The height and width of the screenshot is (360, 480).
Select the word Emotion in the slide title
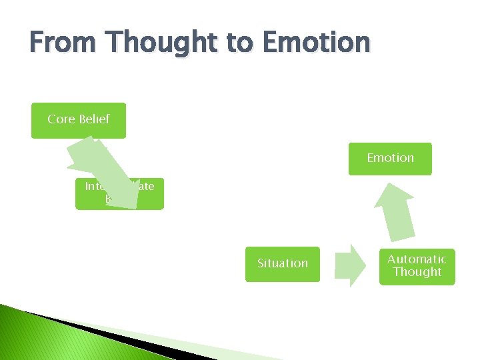tap(316, 43)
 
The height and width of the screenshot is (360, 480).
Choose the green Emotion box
tap(390, 159)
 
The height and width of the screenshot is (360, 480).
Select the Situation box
tap(282, 264)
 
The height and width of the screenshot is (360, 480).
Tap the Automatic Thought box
tap(417, 267)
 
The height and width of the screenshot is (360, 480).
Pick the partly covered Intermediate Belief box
tap(151, 194)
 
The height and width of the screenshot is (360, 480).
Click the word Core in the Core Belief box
tap(61, 119)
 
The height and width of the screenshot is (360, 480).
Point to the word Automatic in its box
tap(417, 259)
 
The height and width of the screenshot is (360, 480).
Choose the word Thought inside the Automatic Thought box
tap(417, 272)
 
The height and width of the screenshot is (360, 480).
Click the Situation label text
tap(283, 263)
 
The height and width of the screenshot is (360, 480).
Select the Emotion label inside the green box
tap(390, 158)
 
